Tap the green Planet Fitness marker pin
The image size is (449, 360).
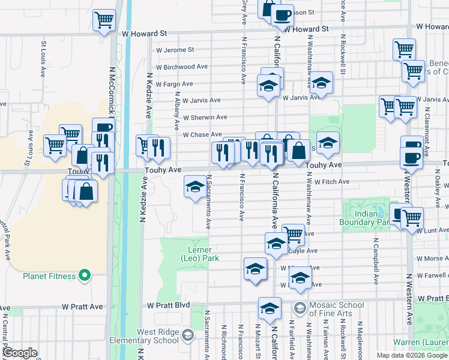tap(85, 276)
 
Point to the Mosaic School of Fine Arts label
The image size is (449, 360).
tap(337, 309)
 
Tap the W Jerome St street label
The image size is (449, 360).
tap(175, 50)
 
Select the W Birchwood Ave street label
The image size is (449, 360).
tap(182, 67)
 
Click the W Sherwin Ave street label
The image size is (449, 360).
tap(205, 118)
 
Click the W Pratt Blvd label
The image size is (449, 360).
tap(169, 305)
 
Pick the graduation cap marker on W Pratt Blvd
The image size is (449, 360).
tap(270, 308)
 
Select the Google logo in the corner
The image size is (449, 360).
tap(20, 353)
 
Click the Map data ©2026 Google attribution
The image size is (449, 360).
tap(412, 355)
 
